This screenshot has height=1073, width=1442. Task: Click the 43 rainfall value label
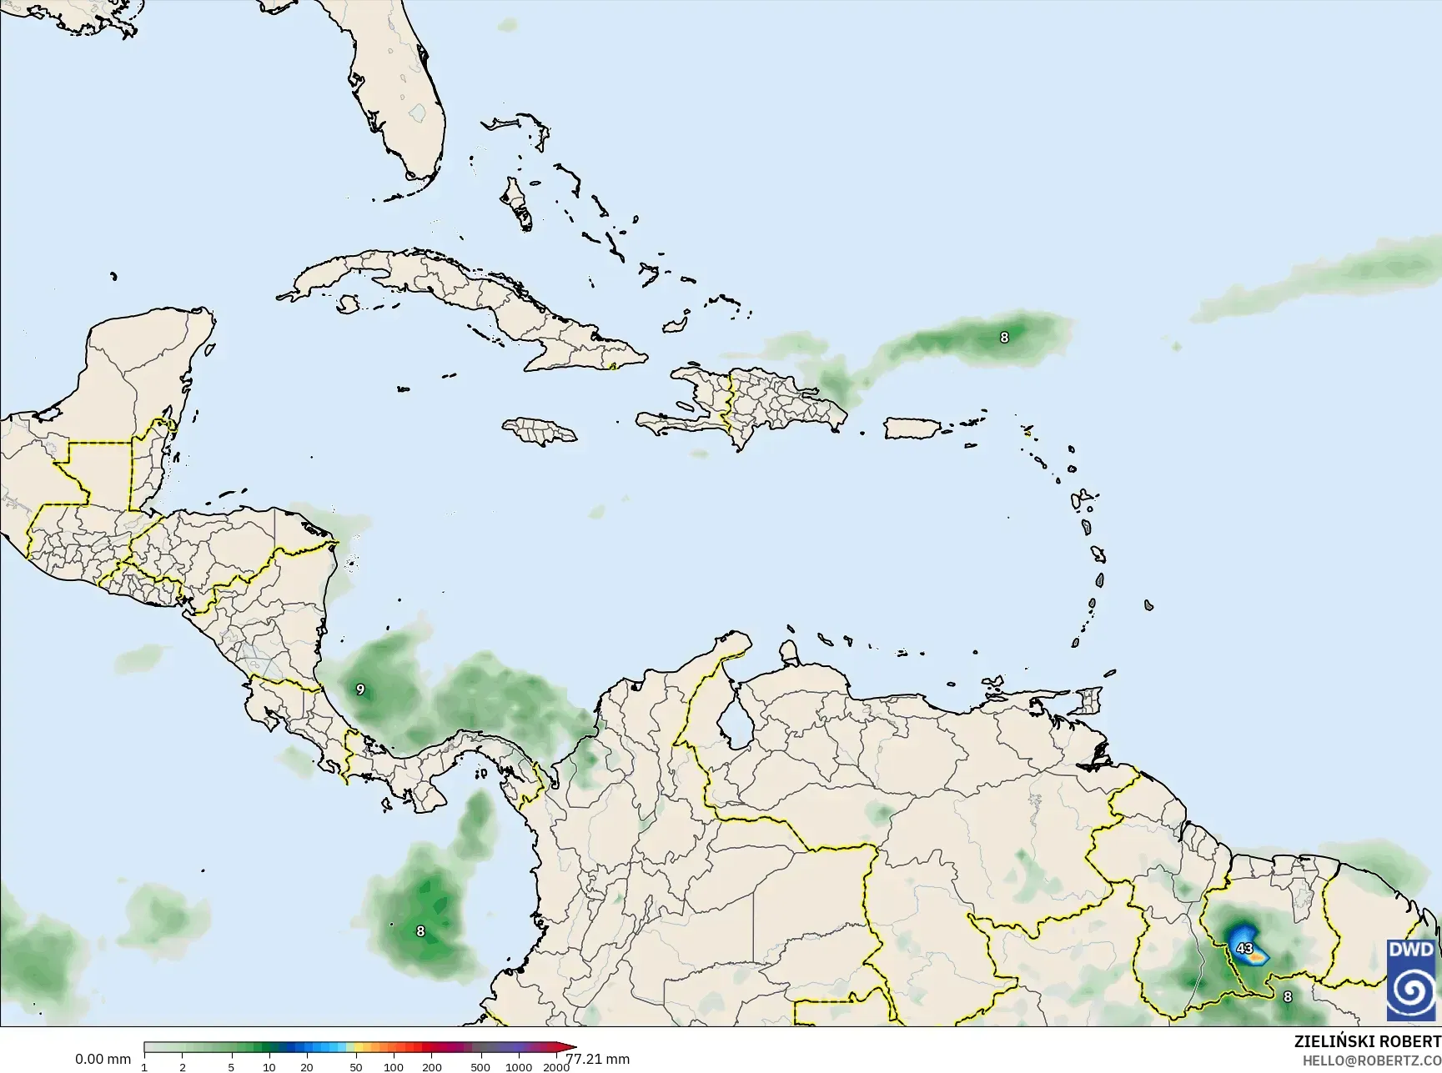tap(1244, 948)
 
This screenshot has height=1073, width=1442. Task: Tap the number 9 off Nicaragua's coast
tap(360, 689)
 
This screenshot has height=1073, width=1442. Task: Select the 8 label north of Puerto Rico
tap(1004, 338)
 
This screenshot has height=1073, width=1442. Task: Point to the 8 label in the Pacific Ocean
tap(420, 931)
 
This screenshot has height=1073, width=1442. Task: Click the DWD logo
tap(1412, 980)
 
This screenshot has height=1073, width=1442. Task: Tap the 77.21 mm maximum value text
tap(597, 1060)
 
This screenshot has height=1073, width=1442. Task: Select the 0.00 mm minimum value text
tap(103, 1060)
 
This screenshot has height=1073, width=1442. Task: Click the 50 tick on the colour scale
tap(356, 1067)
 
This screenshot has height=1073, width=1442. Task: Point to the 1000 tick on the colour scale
tap(518, 1067)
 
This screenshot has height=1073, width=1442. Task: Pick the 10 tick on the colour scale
tap(269, 1067)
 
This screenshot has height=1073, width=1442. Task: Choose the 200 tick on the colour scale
tap(431, 1067)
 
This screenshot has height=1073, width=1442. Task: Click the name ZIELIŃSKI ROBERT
tap(1367, 1041)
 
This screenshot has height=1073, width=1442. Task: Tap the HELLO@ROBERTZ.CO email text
tap(1372, 1060)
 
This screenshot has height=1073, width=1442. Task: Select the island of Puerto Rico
tap(912, 429)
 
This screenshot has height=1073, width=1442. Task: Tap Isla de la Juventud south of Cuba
tap(348, 305)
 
